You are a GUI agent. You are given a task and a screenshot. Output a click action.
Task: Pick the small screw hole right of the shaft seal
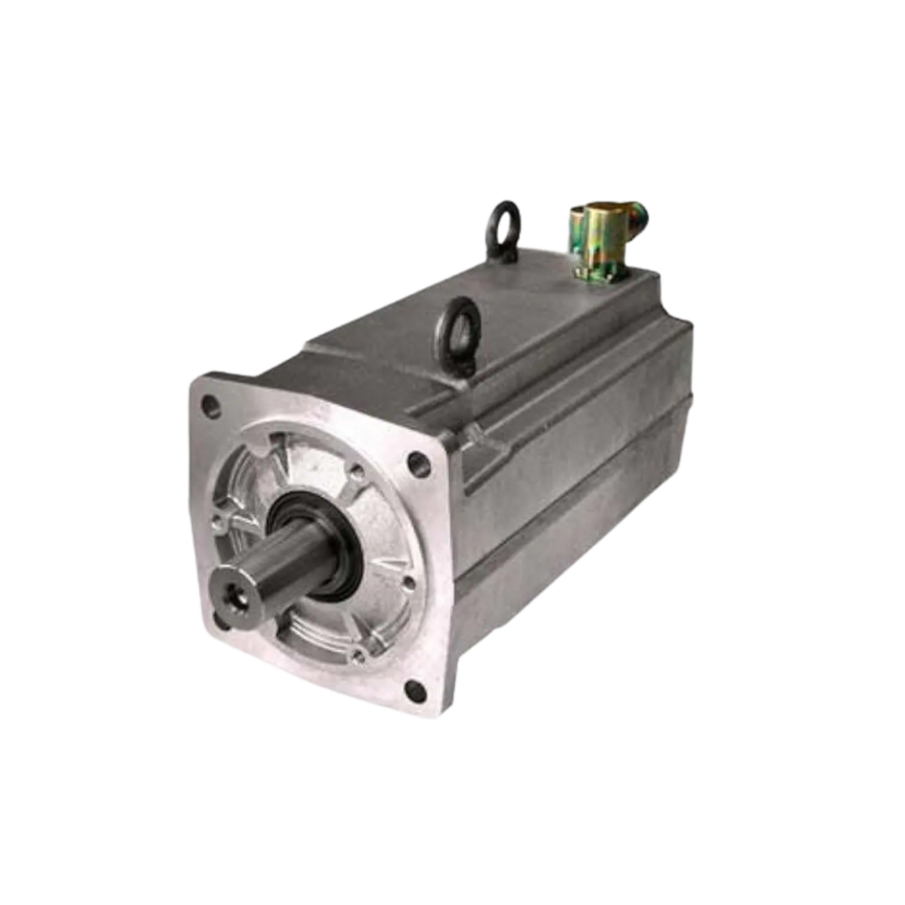click(x=407, y=584)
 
